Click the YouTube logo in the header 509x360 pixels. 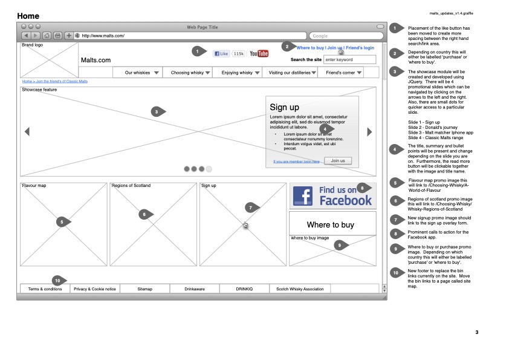(x=259, y=54)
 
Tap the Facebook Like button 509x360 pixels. (x=221, y=54)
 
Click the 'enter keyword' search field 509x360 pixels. (x=349, y=60)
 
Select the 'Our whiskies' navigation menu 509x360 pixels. (x=141, y=73)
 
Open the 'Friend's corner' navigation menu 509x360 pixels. (x=344, y=73)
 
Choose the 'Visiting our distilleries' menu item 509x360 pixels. (x=293, y=73)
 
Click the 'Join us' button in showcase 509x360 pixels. (x=338, y=161)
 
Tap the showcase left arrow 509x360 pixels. (x=27, y=131)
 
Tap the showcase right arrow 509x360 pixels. (x=370, y=131)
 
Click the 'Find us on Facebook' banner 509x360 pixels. (x=332, y=196)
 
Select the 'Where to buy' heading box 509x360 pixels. (x=332, y=225)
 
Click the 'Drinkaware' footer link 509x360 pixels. (x=195, y=289)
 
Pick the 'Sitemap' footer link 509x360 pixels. (x=145, y=289)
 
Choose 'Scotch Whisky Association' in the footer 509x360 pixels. (x=300, y=289)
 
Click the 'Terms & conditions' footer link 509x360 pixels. (x=45, y=289)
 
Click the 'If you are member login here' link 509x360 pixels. (x=296, y=162)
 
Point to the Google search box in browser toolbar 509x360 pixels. (x=342, y=36)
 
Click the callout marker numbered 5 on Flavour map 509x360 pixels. (x=61, y=222)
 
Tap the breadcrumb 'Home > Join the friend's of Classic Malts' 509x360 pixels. (x=55, y=81)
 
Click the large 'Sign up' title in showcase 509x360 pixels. (x=284, y=108)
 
